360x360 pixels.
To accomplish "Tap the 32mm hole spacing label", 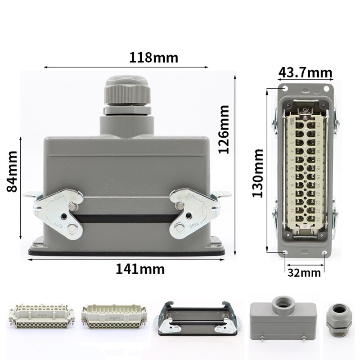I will (305, 272).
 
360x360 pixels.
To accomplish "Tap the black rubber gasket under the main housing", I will (126, 252).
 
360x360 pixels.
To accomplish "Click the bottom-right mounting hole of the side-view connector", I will (325, 254).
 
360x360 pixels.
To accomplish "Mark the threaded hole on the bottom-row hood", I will (283, 301).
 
